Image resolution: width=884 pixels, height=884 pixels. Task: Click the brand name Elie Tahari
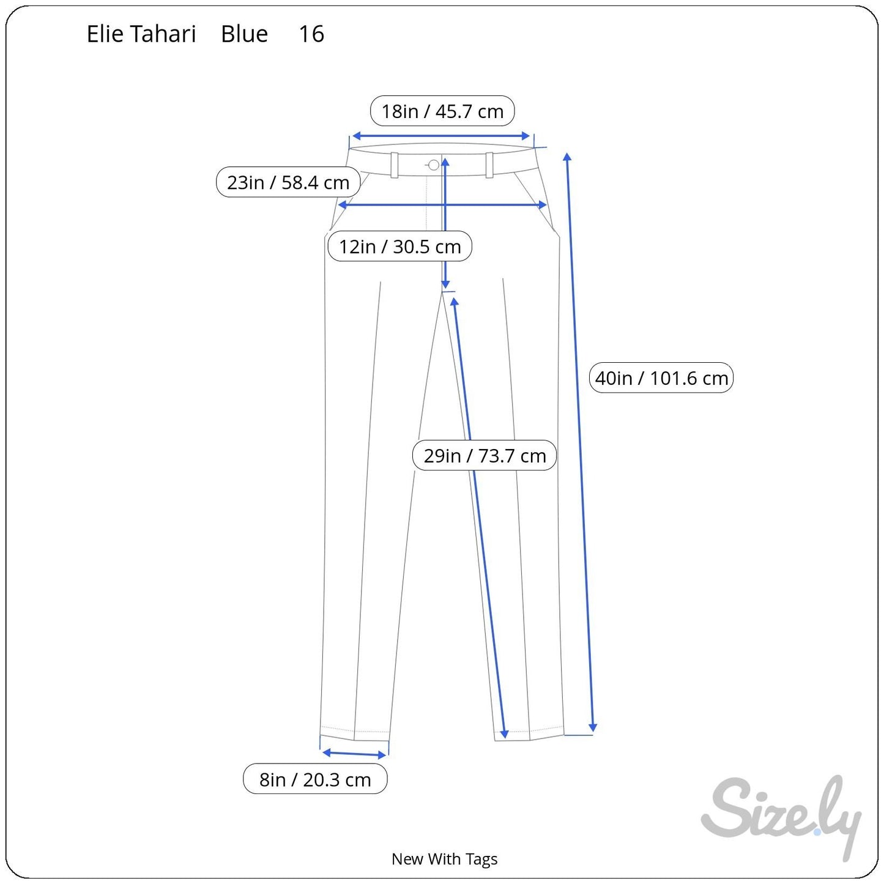(141, 34)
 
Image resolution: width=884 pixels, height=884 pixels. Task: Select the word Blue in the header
(244, 34)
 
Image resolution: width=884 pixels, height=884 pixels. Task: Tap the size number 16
(311, 34)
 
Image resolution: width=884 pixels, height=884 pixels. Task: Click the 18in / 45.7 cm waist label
(442, 111)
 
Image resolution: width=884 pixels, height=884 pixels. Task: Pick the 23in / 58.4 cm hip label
(288, 182)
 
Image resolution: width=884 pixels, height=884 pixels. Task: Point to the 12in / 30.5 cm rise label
(399, 247)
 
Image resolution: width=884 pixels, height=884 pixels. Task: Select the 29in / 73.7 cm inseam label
(485, 456)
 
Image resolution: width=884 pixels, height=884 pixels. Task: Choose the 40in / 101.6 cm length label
(661, 378)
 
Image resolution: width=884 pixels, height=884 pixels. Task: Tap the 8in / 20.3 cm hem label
(315, 779)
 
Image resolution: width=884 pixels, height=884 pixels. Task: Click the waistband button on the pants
(434, 165)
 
